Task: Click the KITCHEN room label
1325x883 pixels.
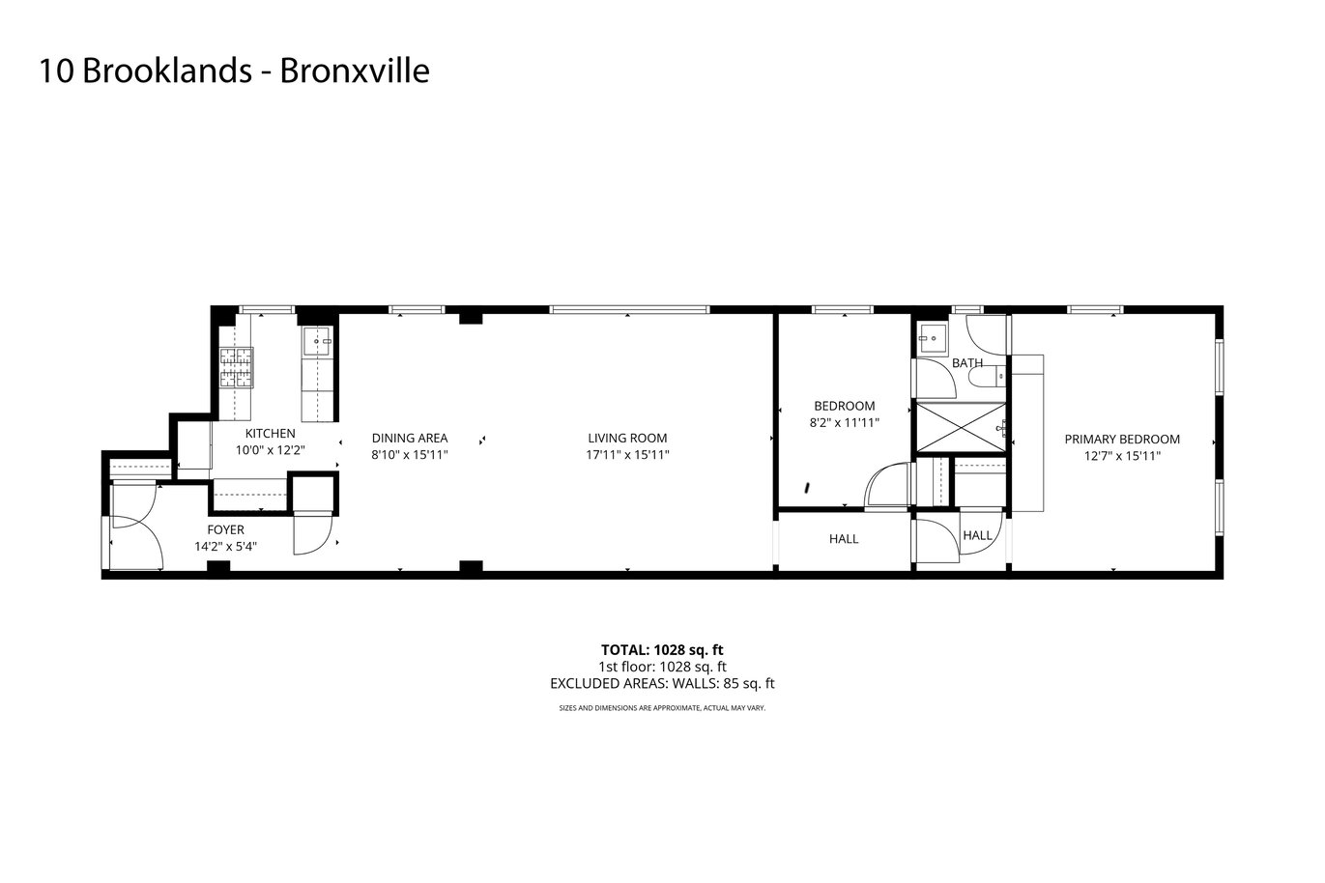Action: click(x=270, y=434)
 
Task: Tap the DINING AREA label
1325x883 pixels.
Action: click(x=410, y=439)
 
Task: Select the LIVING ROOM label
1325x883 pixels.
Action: click(x=627, y=439)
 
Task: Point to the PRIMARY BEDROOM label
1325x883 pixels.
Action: click(x=1121, y=440)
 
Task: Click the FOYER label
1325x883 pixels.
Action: click(x=225, y=530)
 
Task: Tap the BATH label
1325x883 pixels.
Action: click(x=967, y=362)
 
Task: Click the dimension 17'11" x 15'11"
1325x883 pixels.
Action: click(x=627, y=455)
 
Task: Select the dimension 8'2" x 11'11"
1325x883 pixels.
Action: click(x=844, y=423)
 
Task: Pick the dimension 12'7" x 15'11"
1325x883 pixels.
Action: click(x=1122, y=456)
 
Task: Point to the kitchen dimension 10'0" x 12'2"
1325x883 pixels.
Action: click(x=270, y=450)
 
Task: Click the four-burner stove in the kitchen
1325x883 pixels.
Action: click(x=237, y=367)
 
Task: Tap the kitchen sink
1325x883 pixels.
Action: click(x=318, y=341)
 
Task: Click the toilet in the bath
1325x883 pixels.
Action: click(x=994, y=376)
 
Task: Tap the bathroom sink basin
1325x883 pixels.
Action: click(x=932, y=339)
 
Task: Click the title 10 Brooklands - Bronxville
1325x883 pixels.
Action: click(x=234, y=71)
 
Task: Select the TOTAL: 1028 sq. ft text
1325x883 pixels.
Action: click(x=662, y=650)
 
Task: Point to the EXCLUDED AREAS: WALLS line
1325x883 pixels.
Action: click(x=662, y=684)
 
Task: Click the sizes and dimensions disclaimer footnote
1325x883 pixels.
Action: click(x=662, y=708)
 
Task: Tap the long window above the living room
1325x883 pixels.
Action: click(x=629, y=309)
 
